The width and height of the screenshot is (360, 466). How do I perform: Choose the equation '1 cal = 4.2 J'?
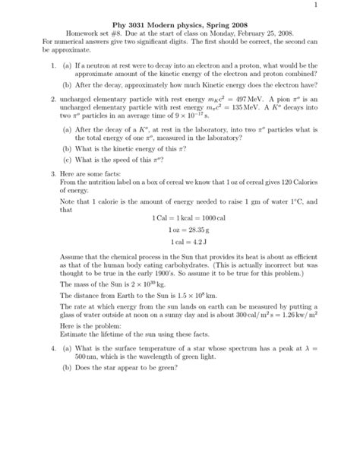click(x=179, y=241)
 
